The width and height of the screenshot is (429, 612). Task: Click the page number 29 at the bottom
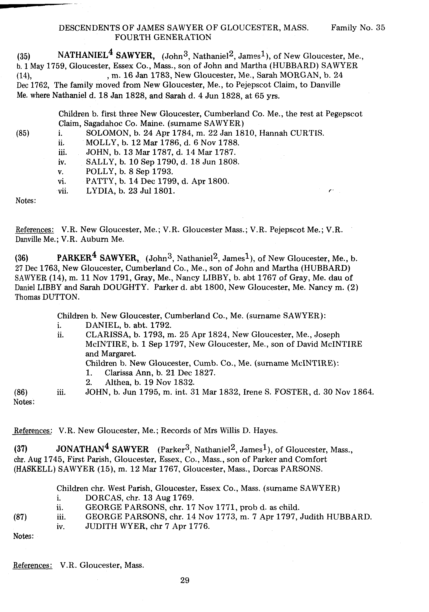click(x=185, y=580)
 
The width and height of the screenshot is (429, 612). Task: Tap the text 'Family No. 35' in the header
click(x=358, y=28)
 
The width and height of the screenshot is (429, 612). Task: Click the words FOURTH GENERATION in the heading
click(x=163, y=37)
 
